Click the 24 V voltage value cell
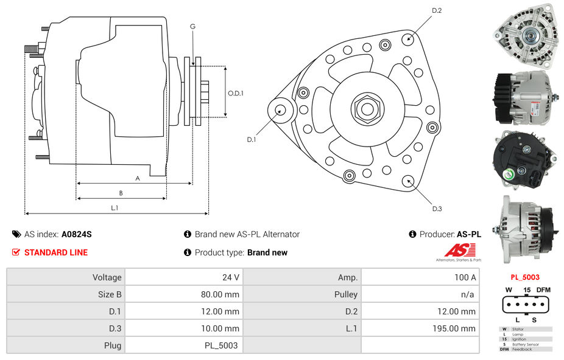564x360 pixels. (x=230, y=277)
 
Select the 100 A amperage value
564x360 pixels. (x=465, y=277)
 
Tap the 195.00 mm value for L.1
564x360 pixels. (x=459, y=328)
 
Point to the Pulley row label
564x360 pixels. (x=346, y=294)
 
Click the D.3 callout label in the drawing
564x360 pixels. (x=437, y=209)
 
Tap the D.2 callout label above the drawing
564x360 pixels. (x=437, y=10)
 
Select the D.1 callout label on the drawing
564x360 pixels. (x=251, y=140)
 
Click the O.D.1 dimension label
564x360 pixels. (x=236, y=93)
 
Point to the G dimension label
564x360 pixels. (x=192, y=26)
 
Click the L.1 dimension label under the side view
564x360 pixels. (x=115, y=208)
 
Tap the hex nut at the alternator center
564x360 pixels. (x=367, y=109)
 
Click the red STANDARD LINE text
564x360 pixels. (x=56, y=252)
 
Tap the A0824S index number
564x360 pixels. (x=77, y=234)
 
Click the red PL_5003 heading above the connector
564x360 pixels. (x=525, y=277)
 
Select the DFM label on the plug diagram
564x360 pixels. (x=544, y=289)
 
